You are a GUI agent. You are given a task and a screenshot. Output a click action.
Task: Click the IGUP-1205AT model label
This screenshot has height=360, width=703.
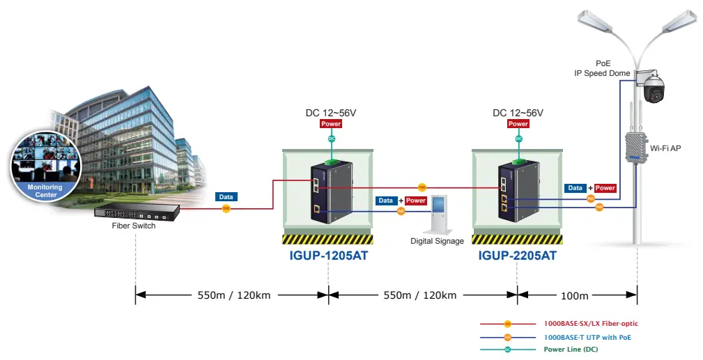[x=328, y=256]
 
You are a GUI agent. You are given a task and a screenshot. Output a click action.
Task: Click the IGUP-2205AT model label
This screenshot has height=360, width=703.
[x=517, y=256]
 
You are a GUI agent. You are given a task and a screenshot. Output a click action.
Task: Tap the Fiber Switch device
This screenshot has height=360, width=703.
[x=137, y=210]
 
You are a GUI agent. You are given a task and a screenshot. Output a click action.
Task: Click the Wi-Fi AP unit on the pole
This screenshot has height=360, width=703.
[x=635, y=147]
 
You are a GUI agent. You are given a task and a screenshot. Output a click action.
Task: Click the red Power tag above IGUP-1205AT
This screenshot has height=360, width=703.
[x=331, y=124]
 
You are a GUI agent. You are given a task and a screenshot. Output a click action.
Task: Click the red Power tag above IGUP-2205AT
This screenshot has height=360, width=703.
[x=518, y=124]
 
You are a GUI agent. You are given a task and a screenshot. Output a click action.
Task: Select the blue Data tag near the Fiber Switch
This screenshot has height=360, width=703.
[x=226, y=197]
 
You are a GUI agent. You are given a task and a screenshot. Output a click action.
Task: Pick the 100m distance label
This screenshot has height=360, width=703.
[x=575, y=295]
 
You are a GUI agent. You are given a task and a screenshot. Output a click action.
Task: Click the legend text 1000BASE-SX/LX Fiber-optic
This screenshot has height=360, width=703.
[x=591, y=324]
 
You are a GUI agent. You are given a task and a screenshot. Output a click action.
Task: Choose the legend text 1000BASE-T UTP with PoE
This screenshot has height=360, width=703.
[x=587, y=337]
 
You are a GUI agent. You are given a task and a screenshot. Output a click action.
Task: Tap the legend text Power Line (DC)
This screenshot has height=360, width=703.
[x=571, y=350]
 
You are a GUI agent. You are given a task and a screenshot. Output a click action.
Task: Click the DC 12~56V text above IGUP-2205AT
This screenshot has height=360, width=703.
[x=518, y=113]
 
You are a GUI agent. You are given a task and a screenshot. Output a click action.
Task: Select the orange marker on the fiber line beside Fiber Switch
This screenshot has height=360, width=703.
[x=226, y=208]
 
